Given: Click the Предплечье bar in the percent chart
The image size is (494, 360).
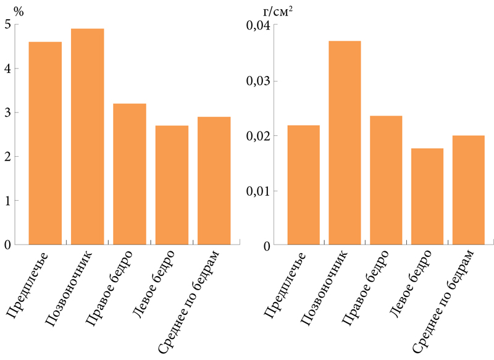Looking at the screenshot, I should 45,143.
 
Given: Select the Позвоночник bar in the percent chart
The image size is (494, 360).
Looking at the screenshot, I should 87,136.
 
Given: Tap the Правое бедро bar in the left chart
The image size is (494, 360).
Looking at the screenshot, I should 130,174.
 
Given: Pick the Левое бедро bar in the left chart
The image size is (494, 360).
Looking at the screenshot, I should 172,185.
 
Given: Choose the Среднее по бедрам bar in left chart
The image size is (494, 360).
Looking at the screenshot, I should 214,181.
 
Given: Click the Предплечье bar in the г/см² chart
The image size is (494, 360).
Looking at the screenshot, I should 303,185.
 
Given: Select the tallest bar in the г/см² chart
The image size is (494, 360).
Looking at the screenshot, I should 345,143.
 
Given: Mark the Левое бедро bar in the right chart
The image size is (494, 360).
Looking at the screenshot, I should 427,196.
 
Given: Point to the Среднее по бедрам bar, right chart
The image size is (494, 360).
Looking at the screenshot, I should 469,190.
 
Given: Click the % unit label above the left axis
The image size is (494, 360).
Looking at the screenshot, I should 9,11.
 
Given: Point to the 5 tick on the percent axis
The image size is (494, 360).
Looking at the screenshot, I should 7,25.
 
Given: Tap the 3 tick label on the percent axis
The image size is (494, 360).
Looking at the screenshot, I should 7,113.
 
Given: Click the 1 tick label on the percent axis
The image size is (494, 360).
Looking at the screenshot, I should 7,201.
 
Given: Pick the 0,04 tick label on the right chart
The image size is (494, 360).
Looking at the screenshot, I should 257,26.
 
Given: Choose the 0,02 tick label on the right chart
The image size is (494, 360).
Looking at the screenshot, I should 257,136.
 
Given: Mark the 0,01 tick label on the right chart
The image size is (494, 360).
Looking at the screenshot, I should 257,191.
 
